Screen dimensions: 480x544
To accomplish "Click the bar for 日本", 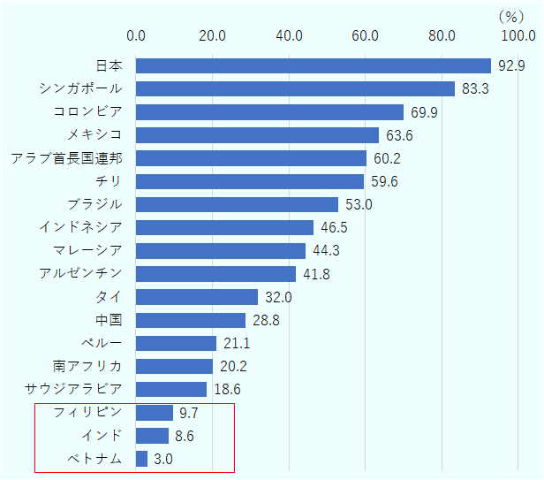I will coord(314,65).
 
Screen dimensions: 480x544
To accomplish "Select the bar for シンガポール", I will coord(295,88).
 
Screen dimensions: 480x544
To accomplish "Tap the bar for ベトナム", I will coord(142,458).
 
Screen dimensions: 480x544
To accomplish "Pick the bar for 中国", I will coord(191,320).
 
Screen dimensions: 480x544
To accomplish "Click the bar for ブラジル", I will coord(238,204).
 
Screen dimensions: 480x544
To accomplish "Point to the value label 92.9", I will coord(512,65).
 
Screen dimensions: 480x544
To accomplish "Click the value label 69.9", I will coord(425,112).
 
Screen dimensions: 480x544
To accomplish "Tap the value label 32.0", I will coord(278,297).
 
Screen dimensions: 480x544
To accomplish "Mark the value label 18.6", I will coord(228,389).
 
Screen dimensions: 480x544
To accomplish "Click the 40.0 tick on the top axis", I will coord(289,35).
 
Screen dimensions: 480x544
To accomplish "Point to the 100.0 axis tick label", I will coord(518,35).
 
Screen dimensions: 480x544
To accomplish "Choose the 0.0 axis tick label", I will coord(137,35).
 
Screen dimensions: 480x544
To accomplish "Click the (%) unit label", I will coord(511,15).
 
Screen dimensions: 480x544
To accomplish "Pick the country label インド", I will coord(102,434).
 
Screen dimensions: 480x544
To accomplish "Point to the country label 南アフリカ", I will coord(87,365).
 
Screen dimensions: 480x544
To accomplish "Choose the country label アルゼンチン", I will coord(81,272).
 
